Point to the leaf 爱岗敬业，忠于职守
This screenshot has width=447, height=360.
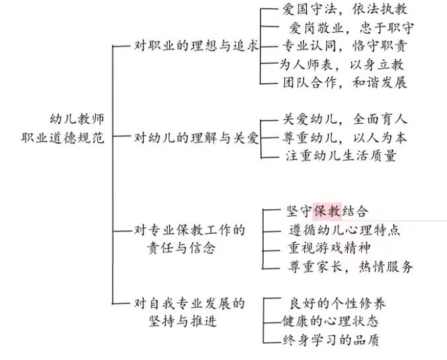[x=350, y=28]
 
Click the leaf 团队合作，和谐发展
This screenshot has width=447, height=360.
[x=345, y=82]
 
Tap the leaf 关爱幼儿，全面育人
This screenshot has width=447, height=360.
[x=345, y=120]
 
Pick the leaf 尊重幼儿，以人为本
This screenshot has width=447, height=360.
[x=345, y=138]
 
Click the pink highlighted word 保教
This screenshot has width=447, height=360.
[x=327, y=211]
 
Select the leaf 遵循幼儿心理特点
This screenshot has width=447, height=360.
[x=344, y=230]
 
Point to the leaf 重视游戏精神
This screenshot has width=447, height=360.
[x=328, y=247]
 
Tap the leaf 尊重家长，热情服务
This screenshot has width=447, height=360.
[x=350, y=267]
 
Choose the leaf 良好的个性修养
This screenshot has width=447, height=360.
[x=337, y=304]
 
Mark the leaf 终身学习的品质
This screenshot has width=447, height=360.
[x=331, y=340]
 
